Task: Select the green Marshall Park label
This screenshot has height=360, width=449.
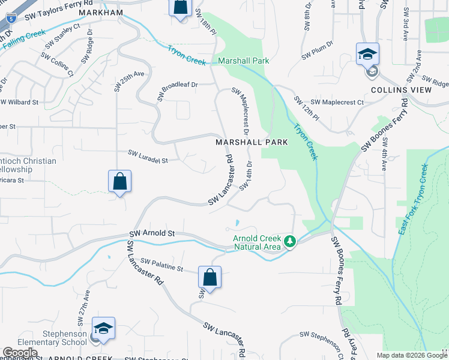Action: [x=243, y=61]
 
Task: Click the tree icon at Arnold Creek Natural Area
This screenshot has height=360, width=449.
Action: [x=291, y=241]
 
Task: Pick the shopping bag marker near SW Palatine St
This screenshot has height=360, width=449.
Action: [x=209, y=278]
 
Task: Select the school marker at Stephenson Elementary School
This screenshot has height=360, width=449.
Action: [x=103, y=329]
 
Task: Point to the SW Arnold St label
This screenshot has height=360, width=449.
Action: [x=152, y=233]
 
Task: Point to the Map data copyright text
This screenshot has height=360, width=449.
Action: [x=412, y=355]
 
